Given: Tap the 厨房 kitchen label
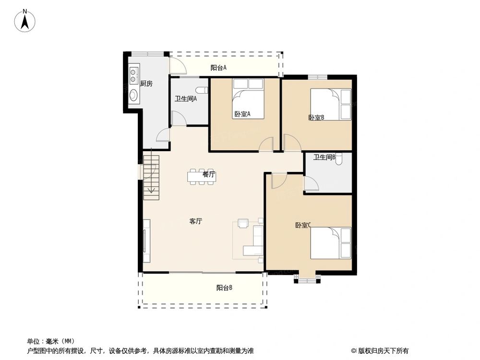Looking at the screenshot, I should coord(146,84).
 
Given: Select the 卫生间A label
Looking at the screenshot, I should coord(186,99).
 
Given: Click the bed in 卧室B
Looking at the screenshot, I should coord(331,104).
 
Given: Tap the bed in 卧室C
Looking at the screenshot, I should coord(331,243).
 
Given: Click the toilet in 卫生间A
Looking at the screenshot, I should coord(202,90).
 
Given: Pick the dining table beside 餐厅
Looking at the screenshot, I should coord(202,177).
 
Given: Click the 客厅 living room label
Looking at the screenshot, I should coord(195,221).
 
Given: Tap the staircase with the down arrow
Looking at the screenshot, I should coord(151,177).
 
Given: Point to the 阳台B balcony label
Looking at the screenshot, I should coord(224,288).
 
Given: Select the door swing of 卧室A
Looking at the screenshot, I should coord(266,144).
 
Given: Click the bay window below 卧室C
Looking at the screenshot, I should coord(306,279).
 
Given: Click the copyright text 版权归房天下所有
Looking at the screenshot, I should coord(383,351).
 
